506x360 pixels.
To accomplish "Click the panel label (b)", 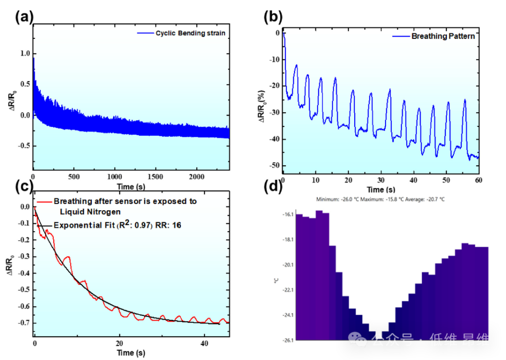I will click(274, 18).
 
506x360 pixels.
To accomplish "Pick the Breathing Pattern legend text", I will click(442, 36).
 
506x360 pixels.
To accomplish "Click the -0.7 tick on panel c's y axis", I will click(22, 323).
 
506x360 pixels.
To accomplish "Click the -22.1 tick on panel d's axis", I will click(287, 290).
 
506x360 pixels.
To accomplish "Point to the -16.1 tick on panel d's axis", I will click(287, 214).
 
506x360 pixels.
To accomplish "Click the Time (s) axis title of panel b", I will click(381, 190).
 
